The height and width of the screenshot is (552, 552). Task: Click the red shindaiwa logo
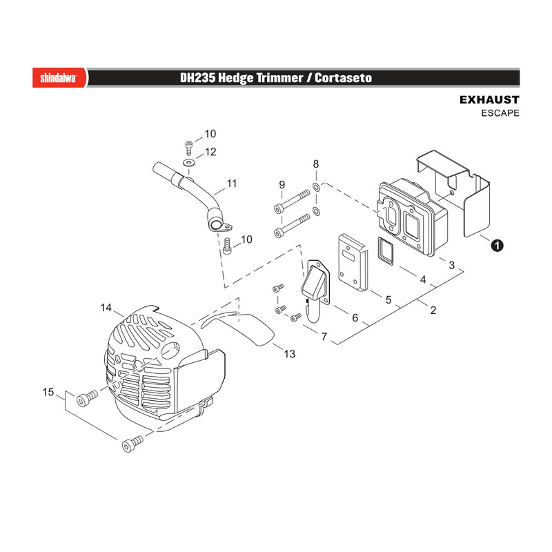[59, 77]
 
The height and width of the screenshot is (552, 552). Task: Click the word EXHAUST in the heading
[489, 99]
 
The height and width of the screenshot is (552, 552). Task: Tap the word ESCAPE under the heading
[500, 113]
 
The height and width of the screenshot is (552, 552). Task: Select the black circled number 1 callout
[497, 245]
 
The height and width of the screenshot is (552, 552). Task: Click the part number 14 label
[106, 308]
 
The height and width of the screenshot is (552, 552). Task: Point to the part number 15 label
[48, 392]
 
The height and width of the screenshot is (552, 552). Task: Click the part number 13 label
[289, 354]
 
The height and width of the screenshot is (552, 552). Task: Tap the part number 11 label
[232, 184]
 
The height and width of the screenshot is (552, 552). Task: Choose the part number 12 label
[210, 152]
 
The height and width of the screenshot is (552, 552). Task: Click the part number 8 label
[316, 164]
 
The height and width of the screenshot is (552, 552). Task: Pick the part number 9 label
[282, 184]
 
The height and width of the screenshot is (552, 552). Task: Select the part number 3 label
[452, 265]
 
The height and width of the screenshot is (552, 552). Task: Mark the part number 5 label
[388, 299]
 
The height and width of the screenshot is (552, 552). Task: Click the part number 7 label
[324, 337]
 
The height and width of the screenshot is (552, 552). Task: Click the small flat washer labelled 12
[189, 163]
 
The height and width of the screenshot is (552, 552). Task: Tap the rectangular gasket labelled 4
[386, 251]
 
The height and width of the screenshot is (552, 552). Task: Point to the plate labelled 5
[353, 263]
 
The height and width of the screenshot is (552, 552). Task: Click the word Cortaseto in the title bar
[343, 78]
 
